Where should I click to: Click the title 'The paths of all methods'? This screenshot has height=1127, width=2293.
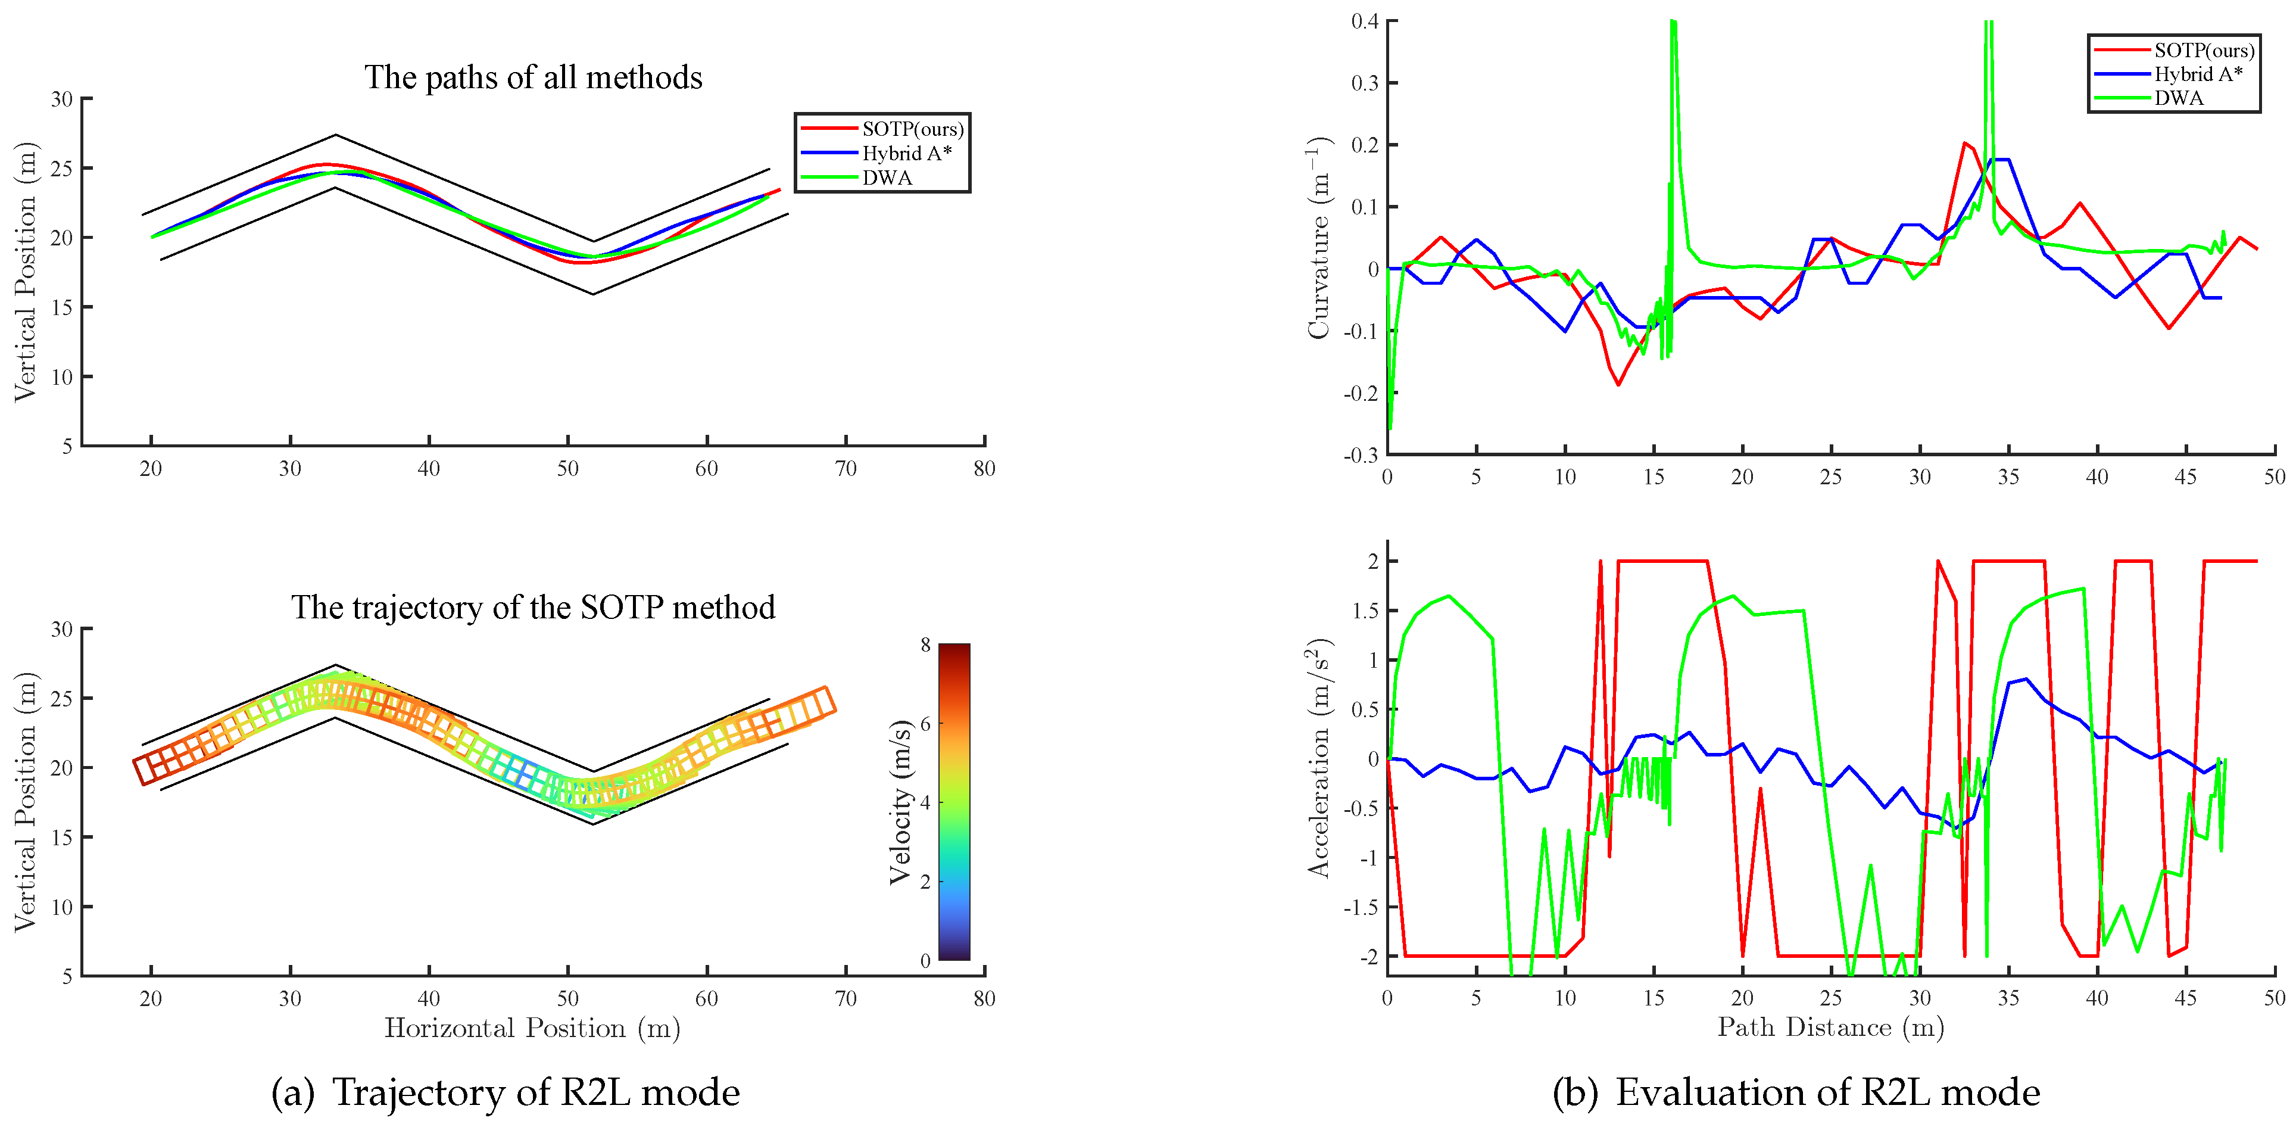click(x=533, y=79)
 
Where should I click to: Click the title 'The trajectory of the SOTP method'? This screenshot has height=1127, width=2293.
click(x=533, y=608)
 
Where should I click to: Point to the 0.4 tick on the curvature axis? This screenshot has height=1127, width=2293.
click(x=1365, y=21)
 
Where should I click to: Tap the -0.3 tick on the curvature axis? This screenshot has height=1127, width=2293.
click(x=1361, y=456)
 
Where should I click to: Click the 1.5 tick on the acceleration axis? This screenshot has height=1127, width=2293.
click(x=1365, y=611)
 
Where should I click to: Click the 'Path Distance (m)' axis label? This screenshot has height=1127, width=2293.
click(x=1830, y=1028)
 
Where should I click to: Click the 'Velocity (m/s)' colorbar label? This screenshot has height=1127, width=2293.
click(x=901, y=801)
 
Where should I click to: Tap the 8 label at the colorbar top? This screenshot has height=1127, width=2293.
click(x=926, y=645)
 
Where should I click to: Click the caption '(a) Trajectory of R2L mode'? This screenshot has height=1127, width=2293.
click(x=505, y=1092)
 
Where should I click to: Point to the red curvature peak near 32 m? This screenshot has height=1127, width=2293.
click(x=1964, y=142)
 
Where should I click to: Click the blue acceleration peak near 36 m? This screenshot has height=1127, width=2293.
click(x=2027, y=679)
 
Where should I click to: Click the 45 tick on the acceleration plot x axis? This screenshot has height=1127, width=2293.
click(x=2185, y=998)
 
